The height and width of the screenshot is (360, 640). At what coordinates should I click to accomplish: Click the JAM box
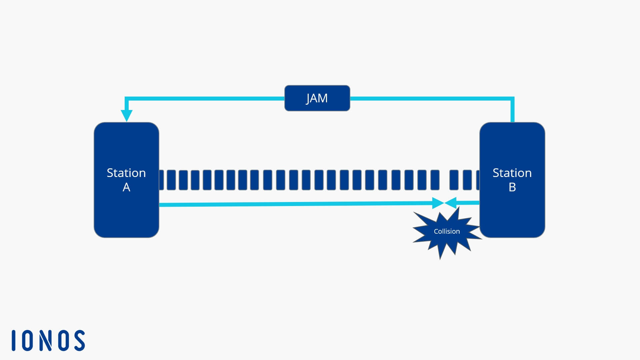click(317, 98)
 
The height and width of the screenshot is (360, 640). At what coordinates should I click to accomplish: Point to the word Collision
click(447, 231)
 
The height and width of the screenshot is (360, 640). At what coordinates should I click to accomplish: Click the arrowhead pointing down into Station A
click(127, 115)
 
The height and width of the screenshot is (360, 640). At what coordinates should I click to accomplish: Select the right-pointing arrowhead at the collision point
click(438, 203)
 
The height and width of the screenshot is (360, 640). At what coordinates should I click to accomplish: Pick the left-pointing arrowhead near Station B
click(451, 203)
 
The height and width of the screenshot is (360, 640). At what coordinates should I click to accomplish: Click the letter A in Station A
click(126, 187)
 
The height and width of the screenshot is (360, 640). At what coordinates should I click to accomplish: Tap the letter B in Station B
click(512, 187)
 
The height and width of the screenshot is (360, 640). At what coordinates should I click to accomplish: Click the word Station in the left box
click(126, 173)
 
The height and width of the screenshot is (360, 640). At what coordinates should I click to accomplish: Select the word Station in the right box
click(512, 173)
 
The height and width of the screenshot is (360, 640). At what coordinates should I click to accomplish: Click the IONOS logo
click(48, 340)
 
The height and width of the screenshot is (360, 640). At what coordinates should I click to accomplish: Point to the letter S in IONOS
click(79, 340)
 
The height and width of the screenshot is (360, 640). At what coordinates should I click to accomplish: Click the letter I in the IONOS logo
click(14, 340)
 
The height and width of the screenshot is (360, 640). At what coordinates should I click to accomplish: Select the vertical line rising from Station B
click(512, 110)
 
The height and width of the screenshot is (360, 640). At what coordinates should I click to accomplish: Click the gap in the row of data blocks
click(444, 180)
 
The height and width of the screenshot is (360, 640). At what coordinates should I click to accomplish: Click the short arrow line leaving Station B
click(468, 203)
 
